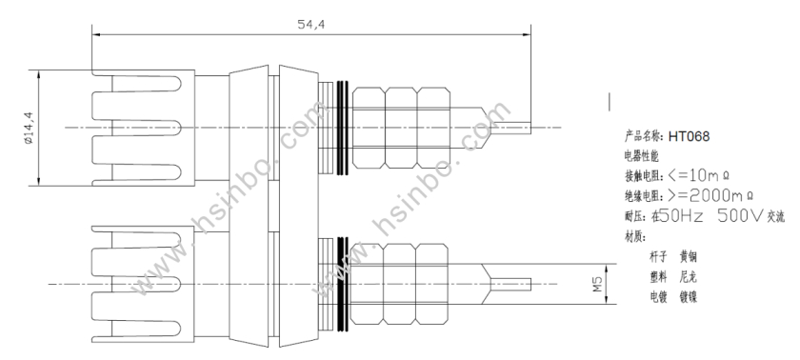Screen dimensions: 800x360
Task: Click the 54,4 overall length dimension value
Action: coord(311,24)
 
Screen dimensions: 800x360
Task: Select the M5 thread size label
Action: coord(597,284)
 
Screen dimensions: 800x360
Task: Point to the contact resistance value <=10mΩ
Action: coord(698,176)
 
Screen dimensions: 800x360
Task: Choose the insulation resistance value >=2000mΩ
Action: coord(710,195)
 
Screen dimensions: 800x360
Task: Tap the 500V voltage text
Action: coord(741,216)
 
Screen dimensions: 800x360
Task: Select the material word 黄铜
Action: coord(689,256)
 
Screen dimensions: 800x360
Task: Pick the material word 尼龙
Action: coord(689,277)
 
